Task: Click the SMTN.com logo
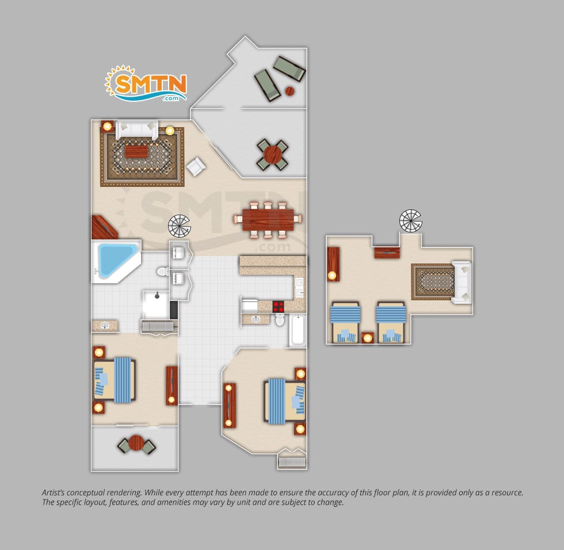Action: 146,83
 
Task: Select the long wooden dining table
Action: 268,220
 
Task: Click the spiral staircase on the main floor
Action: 179,226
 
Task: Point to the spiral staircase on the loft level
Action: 410,221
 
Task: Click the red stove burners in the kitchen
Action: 278,306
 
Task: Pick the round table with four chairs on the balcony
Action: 273,154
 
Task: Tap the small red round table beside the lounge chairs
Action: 290,91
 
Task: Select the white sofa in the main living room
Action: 137,130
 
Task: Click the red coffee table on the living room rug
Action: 136,151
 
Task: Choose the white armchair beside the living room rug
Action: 196,166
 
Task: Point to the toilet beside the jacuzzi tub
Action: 163,272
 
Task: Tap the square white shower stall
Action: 156,304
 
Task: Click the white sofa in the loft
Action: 462,282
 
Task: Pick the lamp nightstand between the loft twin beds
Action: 367,338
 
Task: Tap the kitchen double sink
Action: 299,288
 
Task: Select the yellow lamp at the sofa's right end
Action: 170,130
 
